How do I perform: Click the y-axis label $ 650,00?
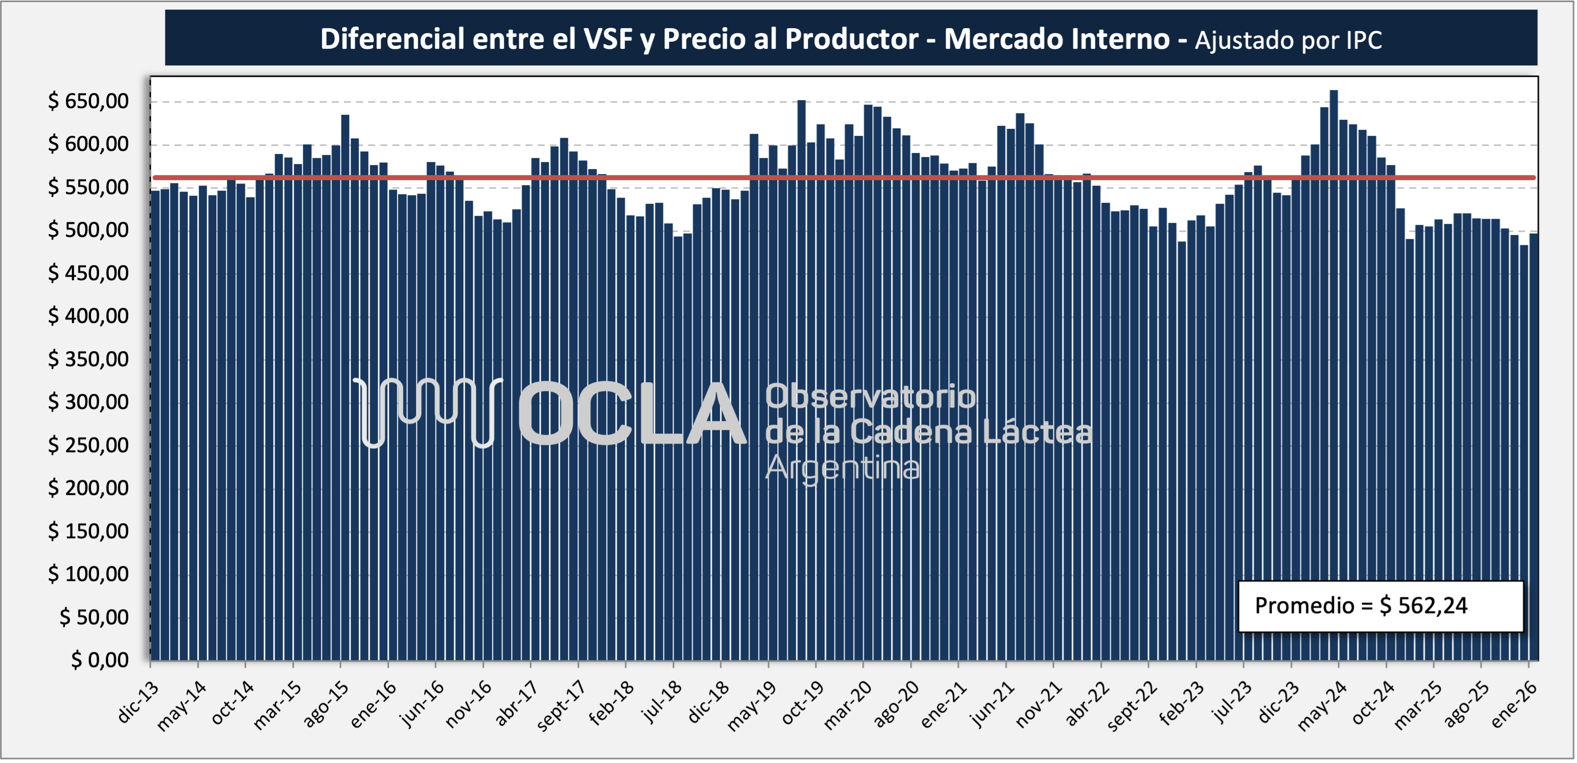tap(88, 101)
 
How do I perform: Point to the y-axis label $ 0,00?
tap(99, 659)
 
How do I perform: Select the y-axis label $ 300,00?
tap(88, 402)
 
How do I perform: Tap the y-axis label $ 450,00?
tap(88, 273)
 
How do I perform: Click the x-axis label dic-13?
tap(138, 702)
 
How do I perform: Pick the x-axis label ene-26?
tap(1513, 704)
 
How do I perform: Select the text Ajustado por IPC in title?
tap(1288, 40)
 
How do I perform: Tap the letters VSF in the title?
tap(608, 39)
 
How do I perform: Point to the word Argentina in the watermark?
tap(843, 468)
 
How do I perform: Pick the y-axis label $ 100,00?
tap(88, 574)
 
